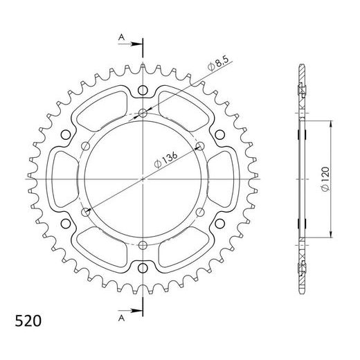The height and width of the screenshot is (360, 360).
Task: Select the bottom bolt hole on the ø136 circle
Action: (143, 244)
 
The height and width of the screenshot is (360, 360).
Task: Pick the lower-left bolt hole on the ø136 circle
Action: (86, 211)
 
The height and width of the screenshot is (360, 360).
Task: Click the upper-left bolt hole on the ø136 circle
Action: (86, 146)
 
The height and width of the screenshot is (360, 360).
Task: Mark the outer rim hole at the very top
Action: (143, 90)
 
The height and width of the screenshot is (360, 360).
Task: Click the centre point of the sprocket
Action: (143, 179)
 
